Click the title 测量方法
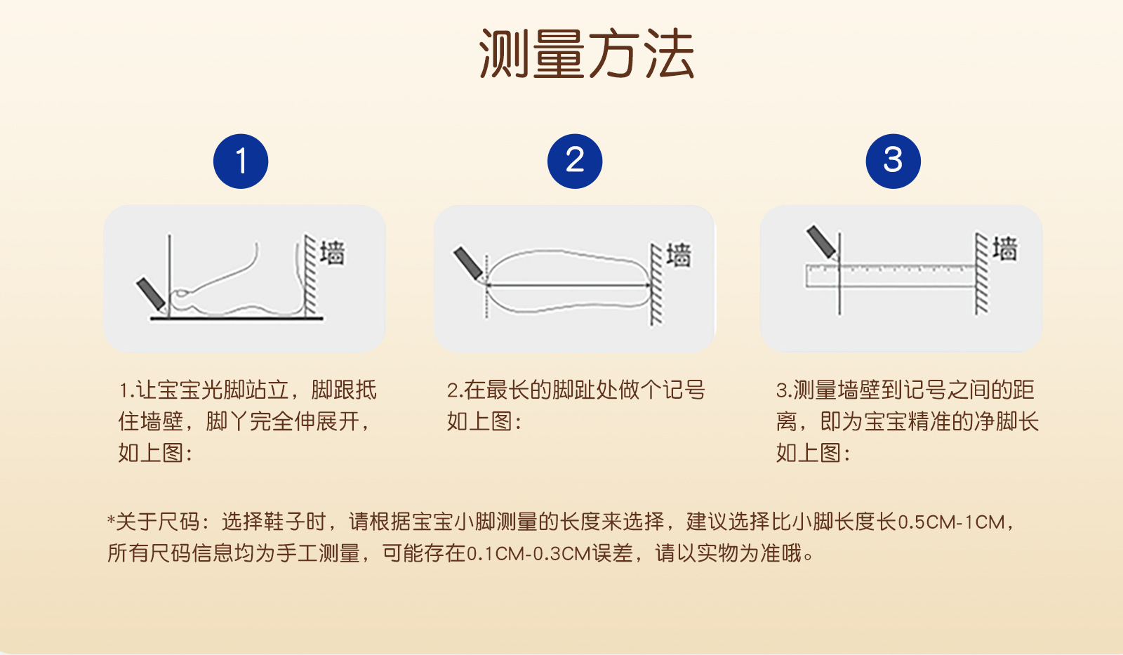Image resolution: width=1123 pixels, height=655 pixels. [587, 53]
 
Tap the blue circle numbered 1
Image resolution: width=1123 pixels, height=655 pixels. [241, 161]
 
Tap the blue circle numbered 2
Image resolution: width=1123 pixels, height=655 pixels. [575, 161]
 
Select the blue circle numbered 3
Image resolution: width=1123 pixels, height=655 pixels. [893, 161]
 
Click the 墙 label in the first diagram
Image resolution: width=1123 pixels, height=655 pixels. [333, 253]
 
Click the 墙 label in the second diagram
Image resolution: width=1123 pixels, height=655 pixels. [679, 255]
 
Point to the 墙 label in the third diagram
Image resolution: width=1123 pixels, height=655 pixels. [1005, 249]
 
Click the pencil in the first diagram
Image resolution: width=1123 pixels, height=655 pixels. [152, 294]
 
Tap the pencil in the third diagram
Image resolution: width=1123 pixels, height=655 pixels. [822, 243]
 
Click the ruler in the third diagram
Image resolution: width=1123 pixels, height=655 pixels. [890, 276]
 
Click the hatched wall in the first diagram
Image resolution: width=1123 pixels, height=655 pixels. [311, 276]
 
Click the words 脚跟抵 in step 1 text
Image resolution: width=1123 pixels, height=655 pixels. [344, 390]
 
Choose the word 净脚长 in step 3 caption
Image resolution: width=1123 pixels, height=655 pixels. [1006, 422]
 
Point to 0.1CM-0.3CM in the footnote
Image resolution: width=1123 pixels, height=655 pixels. [529, 554]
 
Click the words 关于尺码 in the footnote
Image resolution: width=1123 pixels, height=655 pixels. [157, 522]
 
